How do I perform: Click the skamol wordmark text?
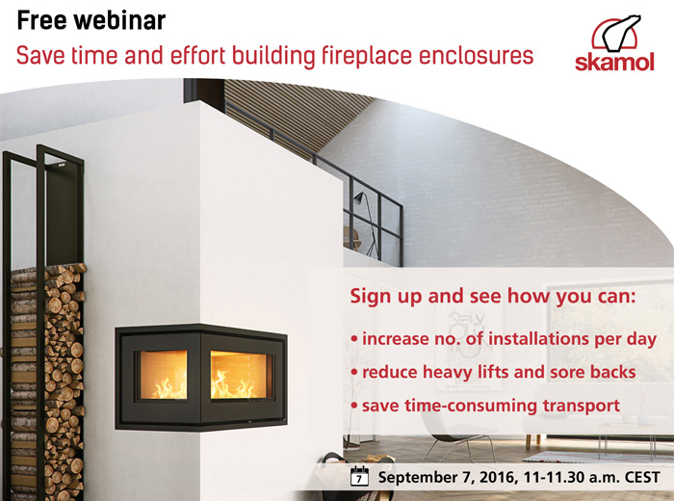click(x=614, y=62)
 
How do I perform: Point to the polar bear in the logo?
click(x=620, y=33)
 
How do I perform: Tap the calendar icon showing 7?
click(x=359, y=476)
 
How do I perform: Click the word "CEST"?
click(x=642, y=477)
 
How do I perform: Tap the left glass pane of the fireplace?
click(x=164, y=375)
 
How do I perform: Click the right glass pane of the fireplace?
click(x=239, y=375)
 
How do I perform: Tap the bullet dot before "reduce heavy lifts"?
click(x=354, y=372)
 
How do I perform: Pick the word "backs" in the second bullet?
click(x=613, y=372)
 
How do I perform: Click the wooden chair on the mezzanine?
click(x=351, y=238)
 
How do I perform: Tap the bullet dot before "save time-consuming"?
click(x=354, y=406)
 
